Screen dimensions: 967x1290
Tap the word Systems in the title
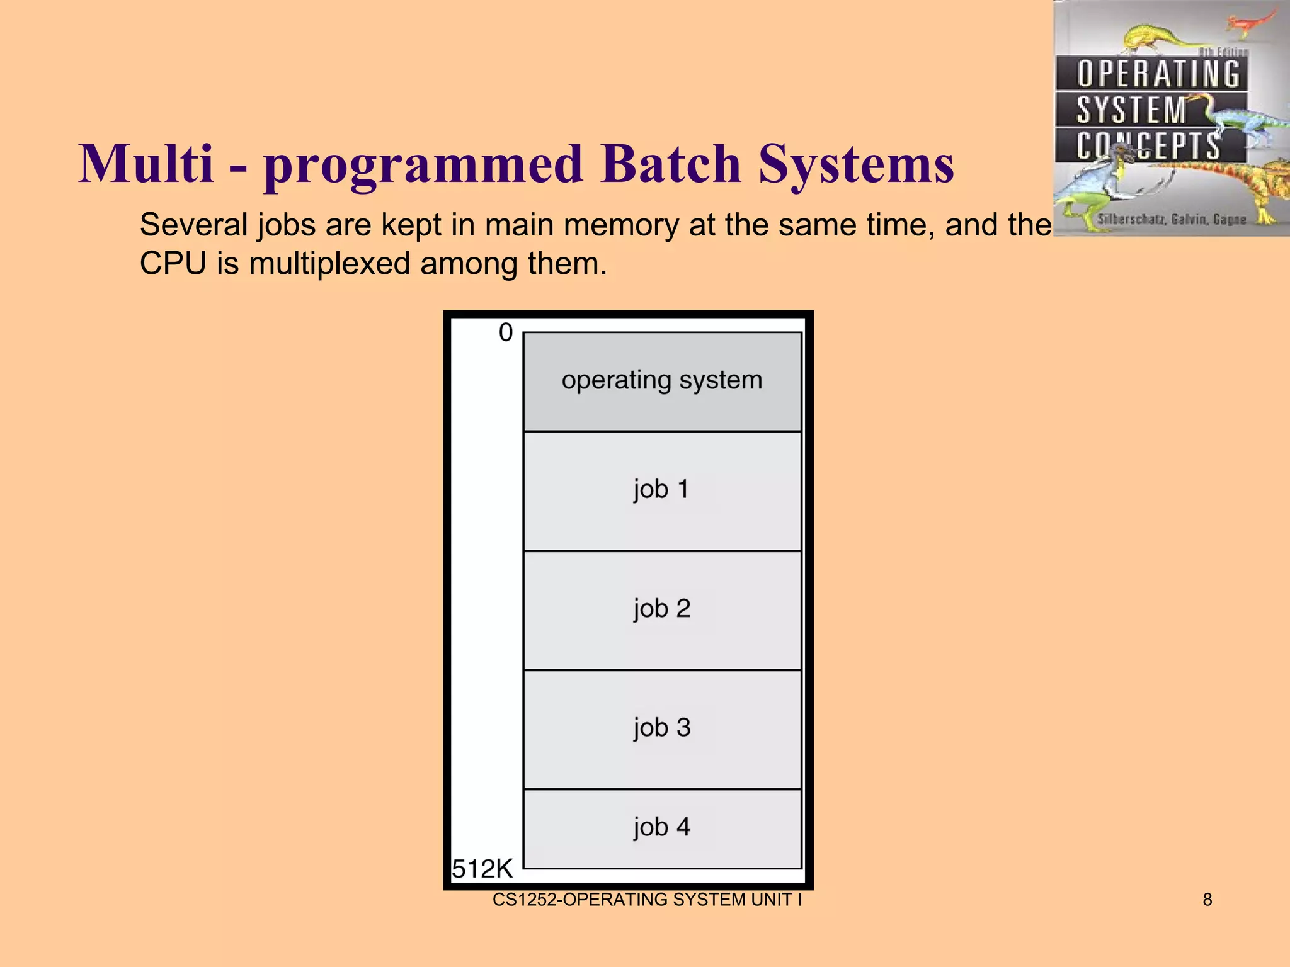click(856, 165)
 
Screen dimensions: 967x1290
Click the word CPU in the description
click(173, 263)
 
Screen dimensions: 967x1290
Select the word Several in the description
click(194, 225)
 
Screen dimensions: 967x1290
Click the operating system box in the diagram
click(662, 381)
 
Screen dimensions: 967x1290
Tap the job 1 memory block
click(662, 490)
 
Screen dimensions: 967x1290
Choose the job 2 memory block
click(662, 609)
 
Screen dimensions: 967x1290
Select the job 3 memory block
click(662, 728)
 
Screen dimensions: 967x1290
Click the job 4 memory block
click(662, 828)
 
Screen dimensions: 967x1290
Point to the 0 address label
click(506, 332)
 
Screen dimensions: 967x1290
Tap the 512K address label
click(482, 869)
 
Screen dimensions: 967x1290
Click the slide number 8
click(1207, 900)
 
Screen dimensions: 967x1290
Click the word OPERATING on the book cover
click(1158, 74)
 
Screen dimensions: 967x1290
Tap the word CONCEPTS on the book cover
click(1148, 146)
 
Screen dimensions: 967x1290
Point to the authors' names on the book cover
click(1172, 219)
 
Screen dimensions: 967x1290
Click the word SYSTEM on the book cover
click(1131, 110)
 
